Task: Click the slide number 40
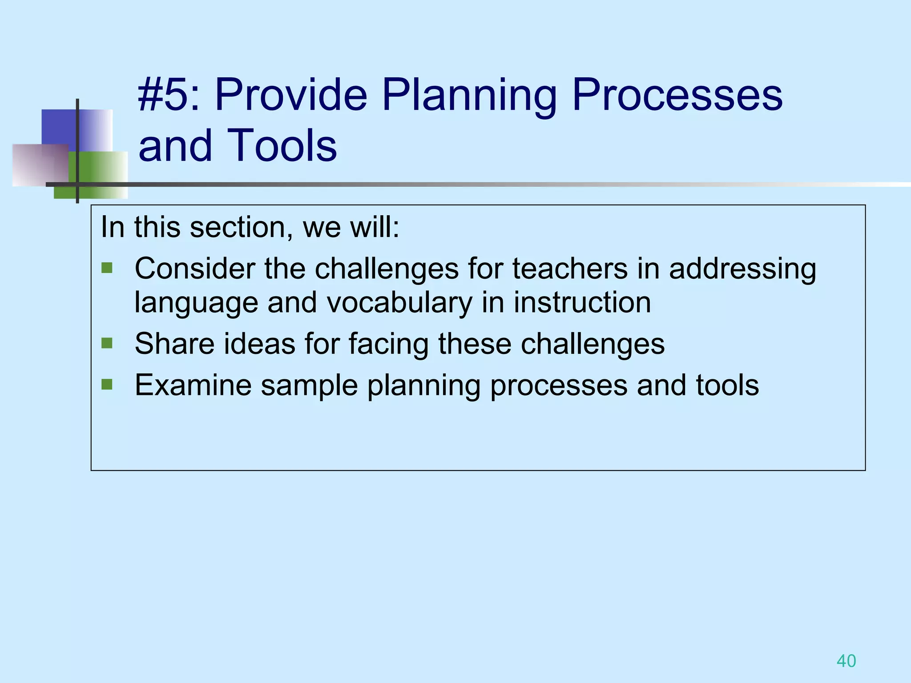click(846, 661)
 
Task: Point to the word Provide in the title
click(291, 95)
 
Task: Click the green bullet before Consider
click(107, 268)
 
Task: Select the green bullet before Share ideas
click(107, 343)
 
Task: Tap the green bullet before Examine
click(107, 384)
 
